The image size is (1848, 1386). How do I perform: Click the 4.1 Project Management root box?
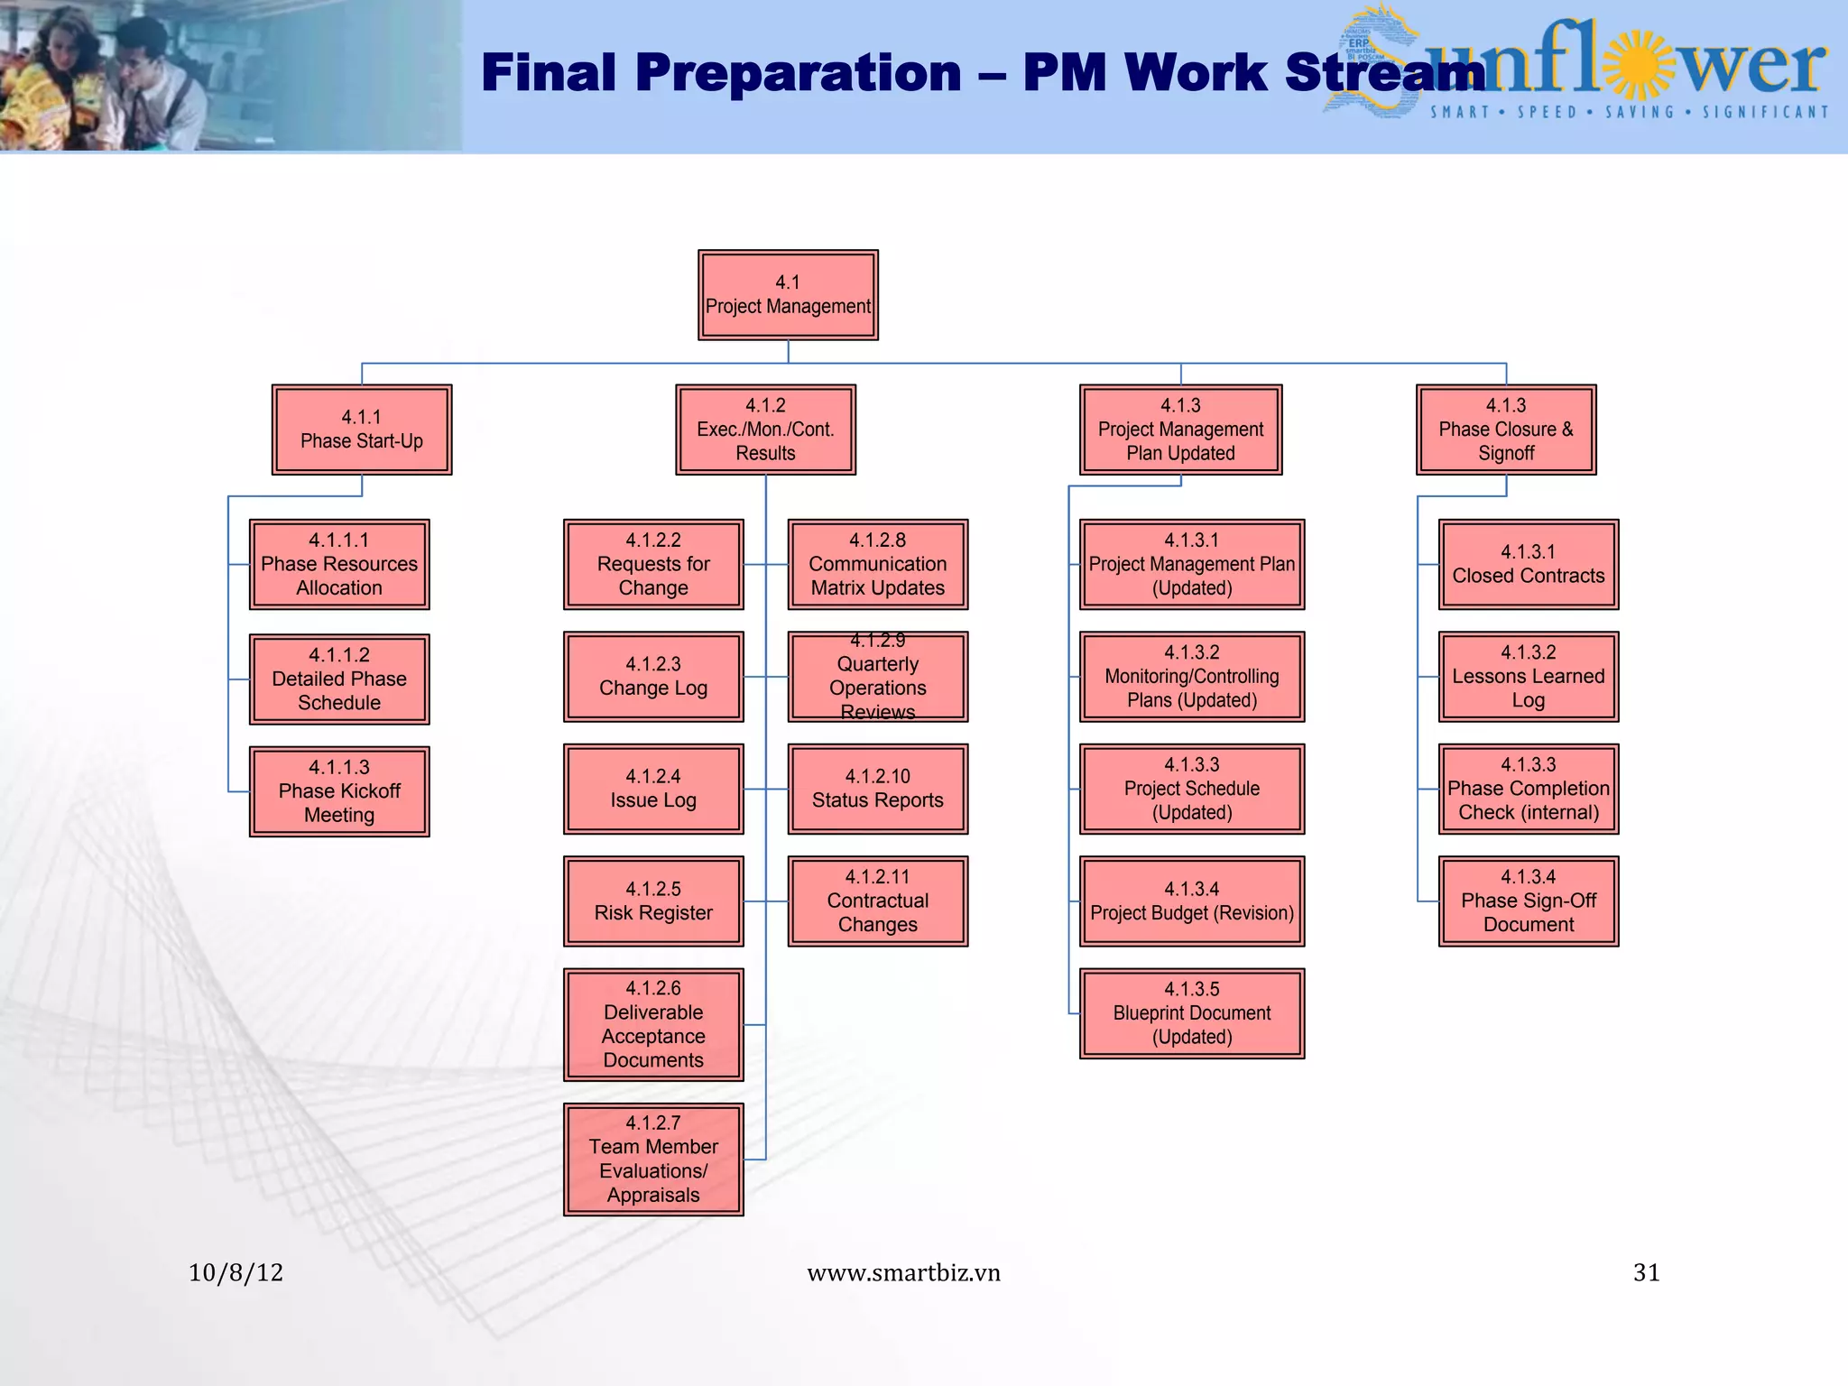pos(788,295)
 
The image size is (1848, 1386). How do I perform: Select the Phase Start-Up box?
pos(361,430)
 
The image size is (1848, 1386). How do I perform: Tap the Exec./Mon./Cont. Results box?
pos(765,430)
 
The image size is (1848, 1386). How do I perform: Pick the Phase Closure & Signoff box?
pos(1506,430)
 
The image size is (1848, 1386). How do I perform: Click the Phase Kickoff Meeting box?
pos(339,791)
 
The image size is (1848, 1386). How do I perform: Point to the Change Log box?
pos(653,677)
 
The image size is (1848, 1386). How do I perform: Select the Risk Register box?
pos(653,901)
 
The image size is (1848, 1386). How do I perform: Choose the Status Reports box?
pos(877,789)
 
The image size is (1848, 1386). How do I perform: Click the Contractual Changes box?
pos(877,901)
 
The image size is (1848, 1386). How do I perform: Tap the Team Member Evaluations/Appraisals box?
pos(653,1160)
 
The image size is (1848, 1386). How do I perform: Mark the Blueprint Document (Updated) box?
pos(1191,1013)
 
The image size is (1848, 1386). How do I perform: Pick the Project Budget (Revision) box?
pos(1191,901)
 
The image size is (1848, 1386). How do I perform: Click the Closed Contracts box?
pos(1528,564)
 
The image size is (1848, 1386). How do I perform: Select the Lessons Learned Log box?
pos(1528,677)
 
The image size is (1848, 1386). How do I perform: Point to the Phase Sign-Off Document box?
pos(1528,901)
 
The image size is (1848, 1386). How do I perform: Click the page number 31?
pos(1646,1272)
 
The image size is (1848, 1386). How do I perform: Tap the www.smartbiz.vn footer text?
pos(903,1272)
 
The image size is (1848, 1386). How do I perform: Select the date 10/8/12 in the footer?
pos(236,1272)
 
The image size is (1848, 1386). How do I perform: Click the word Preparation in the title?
pos(798,72)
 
